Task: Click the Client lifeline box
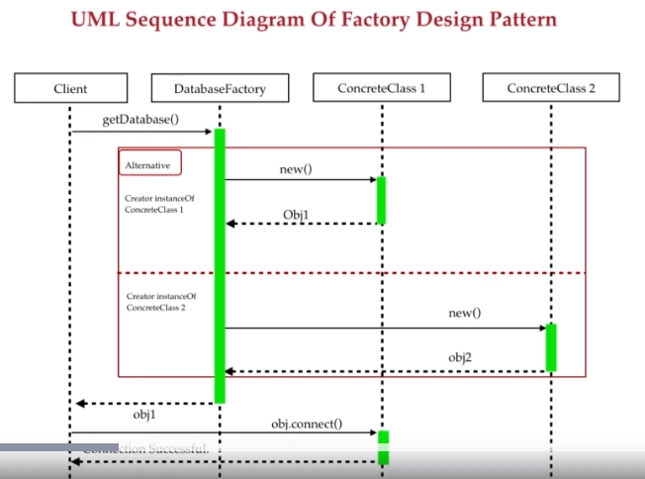pos(70,89)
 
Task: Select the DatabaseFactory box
pos(220,89)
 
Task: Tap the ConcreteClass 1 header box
pos(382,88)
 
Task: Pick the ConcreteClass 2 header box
pos(550,88)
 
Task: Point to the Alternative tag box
pos(149,164)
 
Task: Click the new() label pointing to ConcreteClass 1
pos(295,169)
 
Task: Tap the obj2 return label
pos(461,356)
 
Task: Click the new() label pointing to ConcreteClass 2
pos(464,313)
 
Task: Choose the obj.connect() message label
pos(307,424)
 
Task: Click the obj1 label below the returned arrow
pos(144,416)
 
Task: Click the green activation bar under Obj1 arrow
pos(381,200)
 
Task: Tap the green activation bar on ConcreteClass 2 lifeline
pos(550,346)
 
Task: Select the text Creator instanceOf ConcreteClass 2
pos(161,302)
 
